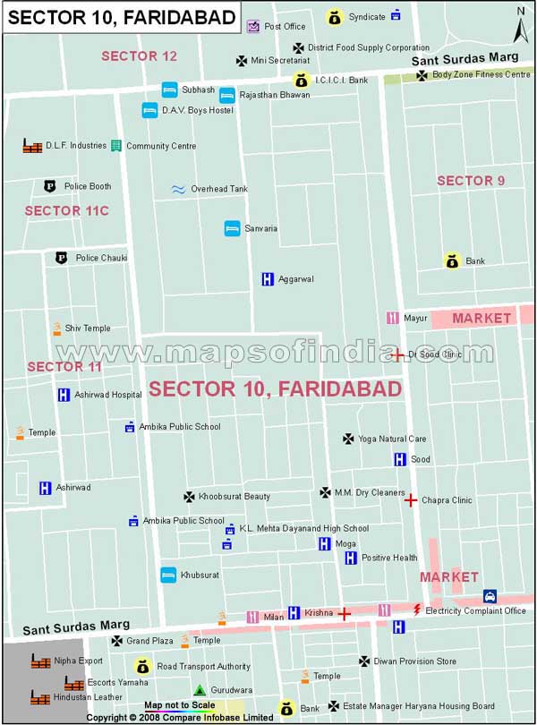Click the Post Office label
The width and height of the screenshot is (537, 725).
click(285, 27)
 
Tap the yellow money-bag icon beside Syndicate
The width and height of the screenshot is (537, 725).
click(334, 17)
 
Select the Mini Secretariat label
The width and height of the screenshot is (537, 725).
click(280, 61)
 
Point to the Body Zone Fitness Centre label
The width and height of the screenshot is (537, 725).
click(481, 74)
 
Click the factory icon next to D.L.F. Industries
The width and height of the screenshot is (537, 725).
click(32, 145)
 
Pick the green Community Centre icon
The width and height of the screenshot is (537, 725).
click(115, 145)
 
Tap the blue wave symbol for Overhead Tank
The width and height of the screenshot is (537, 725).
click(177, 189)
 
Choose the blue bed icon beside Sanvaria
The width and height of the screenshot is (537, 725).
click(232, 228)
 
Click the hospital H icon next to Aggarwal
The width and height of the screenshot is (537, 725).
click(267, 279)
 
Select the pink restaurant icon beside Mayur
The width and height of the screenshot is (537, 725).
click(392, 318)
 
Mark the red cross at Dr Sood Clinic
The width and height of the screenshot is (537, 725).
click(396, 355)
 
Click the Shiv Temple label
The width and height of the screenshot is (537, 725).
click(88, 328)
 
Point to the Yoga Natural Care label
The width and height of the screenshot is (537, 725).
click(392, 439)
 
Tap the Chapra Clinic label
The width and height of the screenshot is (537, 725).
click(447, 500)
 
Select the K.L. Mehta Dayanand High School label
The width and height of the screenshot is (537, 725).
click(304, 529)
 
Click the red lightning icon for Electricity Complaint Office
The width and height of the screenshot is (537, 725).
click(415, 610)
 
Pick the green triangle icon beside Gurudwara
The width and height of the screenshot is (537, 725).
click(200, 690)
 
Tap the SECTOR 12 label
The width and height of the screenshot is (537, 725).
click(139, 55)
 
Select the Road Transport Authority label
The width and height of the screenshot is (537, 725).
click(203, 667)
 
